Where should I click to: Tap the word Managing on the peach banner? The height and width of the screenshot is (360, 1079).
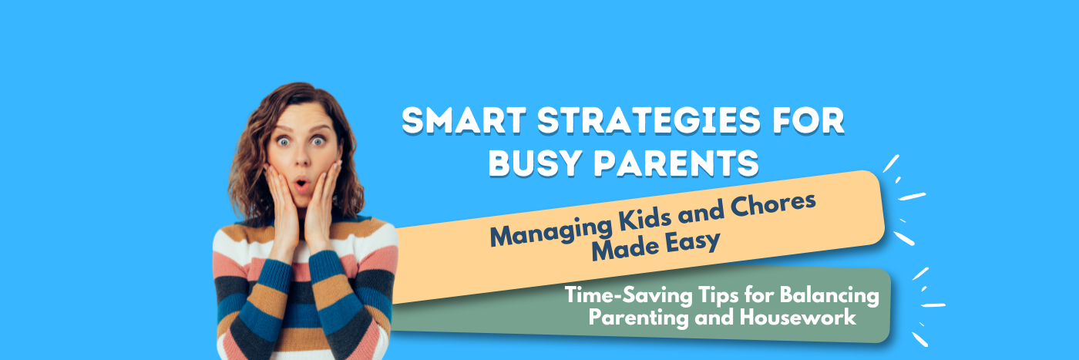click(x=547, y=229)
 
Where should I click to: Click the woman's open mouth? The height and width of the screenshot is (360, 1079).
click(x=301, y=187)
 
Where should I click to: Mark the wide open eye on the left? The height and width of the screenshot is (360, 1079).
click(x=284, y=141)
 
